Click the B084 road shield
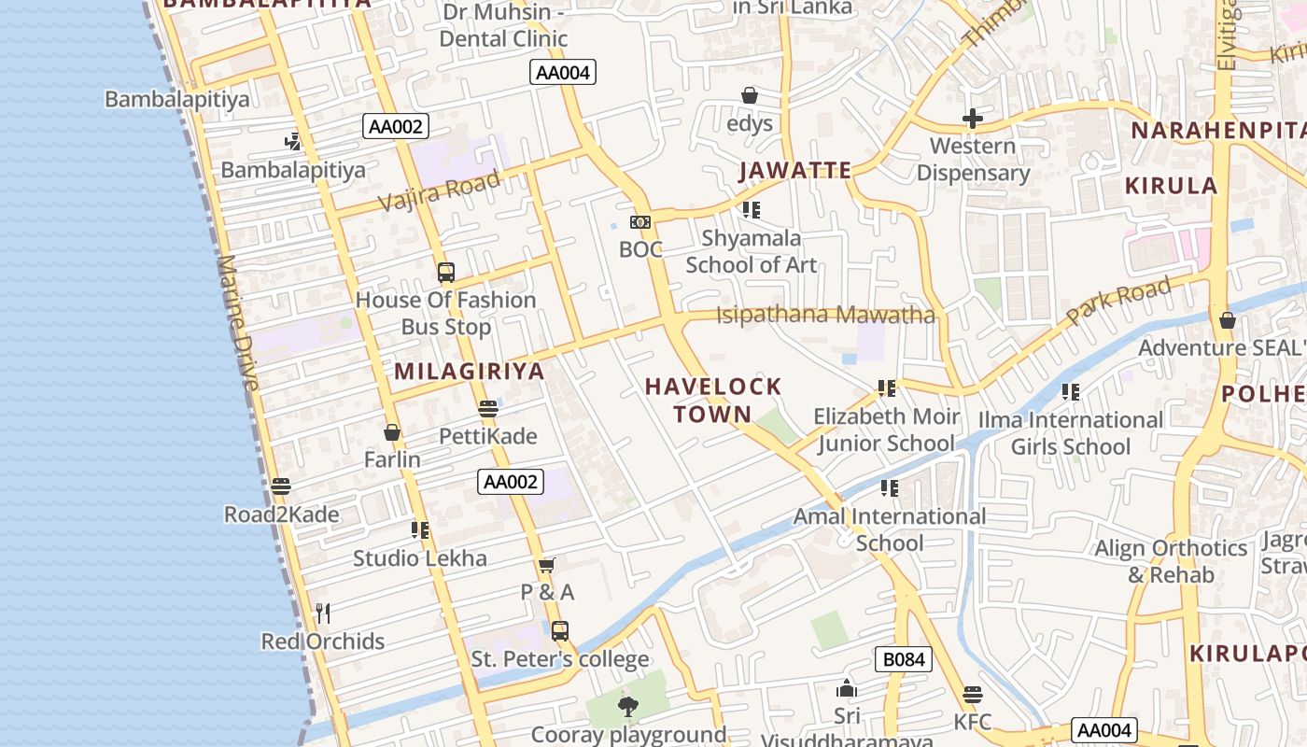904,660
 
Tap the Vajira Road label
439,191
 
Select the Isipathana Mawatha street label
825,315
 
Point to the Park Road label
1118,301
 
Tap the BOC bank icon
640,221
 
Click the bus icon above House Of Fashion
446,273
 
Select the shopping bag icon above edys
749,95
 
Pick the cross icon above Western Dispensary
973,119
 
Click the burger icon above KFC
973,695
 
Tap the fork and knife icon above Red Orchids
323,613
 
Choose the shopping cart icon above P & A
547,565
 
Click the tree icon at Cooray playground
628,707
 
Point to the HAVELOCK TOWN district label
713,401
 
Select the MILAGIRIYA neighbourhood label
469,372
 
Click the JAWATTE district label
795,171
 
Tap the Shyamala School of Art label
752,252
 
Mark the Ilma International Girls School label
1071,433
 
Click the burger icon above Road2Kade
281,486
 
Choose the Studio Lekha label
420,558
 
